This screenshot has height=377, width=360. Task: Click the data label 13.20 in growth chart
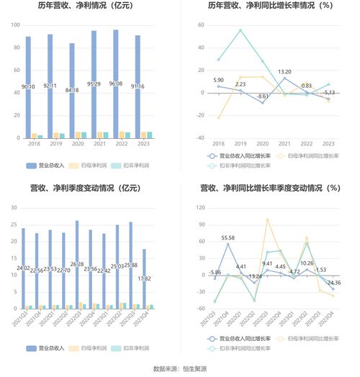284,72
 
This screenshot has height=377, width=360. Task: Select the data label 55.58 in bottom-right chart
227,237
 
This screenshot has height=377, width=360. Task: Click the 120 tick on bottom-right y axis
200,208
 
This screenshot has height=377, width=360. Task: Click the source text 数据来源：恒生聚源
180,369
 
